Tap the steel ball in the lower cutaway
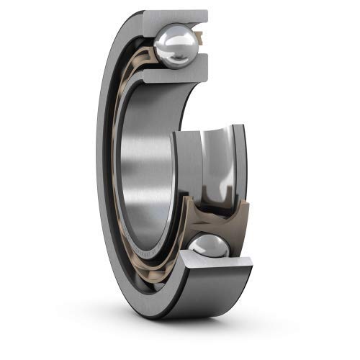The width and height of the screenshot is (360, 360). tap(208, 248)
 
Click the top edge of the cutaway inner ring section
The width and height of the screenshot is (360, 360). tap(209, 127)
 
